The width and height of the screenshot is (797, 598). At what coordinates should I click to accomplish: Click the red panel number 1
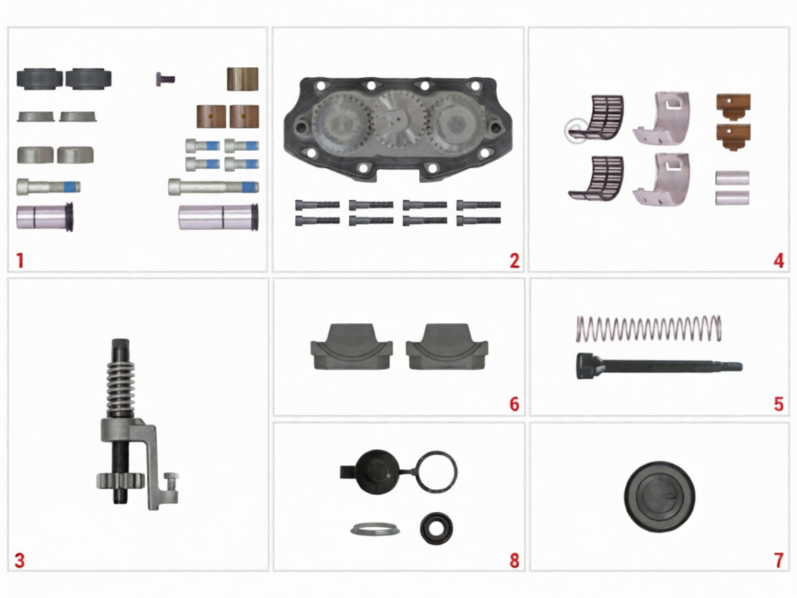20,261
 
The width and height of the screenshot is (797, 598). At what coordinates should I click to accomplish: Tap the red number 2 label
515,261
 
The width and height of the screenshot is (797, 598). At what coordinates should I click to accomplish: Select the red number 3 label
19,561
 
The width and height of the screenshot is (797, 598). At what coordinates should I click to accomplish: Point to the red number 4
779,261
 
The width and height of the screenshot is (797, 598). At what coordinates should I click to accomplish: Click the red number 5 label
779,404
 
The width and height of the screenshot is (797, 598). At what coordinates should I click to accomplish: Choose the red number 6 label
515,404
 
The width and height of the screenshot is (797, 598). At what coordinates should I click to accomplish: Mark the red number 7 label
779,561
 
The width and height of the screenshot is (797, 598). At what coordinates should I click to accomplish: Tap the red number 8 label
515,561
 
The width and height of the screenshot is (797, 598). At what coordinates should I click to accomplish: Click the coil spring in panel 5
649,329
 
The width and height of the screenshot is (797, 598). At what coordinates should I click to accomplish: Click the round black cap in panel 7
659,497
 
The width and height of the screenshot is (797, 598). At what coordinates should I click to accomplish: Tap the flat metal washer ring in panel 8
375,529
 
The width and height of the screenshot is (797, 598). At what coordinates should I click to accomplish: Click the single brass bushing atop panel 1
242,79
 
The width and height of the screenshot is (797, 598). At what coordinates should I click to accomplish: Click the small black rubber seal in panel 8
437,528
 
